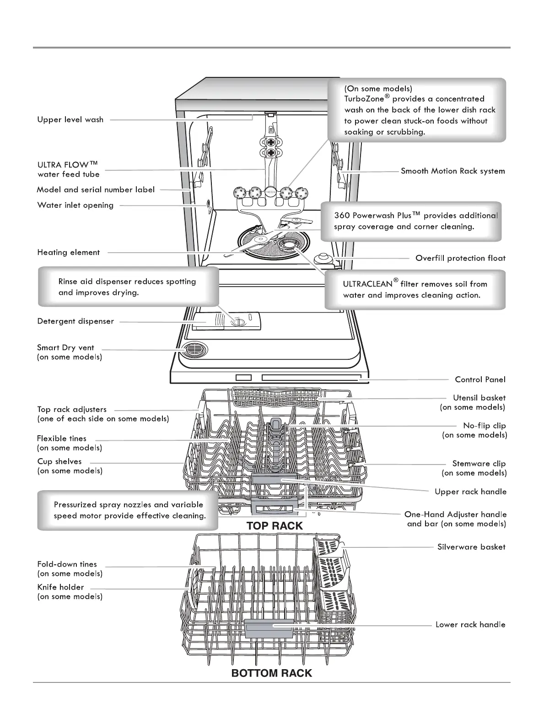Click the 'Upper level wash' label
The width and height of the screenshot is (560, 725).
click(70, 120)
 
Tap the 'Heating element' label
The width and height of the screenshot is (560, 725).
click(69, 253)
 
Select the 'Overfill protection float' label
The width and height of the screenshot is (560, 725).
click(460, 258)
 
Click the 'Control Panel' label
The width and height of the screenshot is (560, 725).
click(480, 379)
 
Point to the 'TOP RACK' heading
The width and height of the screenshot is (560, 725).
click(275, 526)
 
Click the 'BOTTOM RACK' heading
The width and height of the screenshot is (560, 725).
click(272, 673)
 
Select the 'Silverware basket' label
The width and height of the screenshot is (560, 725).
click(471, 547)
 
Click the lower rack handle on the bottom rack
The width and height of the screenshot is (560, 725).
click(269, 629)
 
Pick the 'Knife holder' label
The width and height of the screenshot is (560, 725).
click(61, 587)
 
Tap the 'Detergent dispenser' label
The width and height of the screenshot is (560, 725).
click(75, 321)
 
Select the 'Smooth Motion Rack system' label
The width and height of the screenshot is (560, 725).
click(453, 171)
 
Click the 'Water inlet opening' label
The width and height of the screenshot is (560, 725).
click(75, 206)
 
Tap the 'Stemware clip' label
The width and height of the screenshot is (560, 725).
click(479, 464)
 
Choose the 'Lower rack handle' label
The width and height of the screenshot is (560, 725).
click(470, 625)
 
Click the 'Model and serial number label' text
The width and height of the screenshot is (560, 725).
click(96, 189)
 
